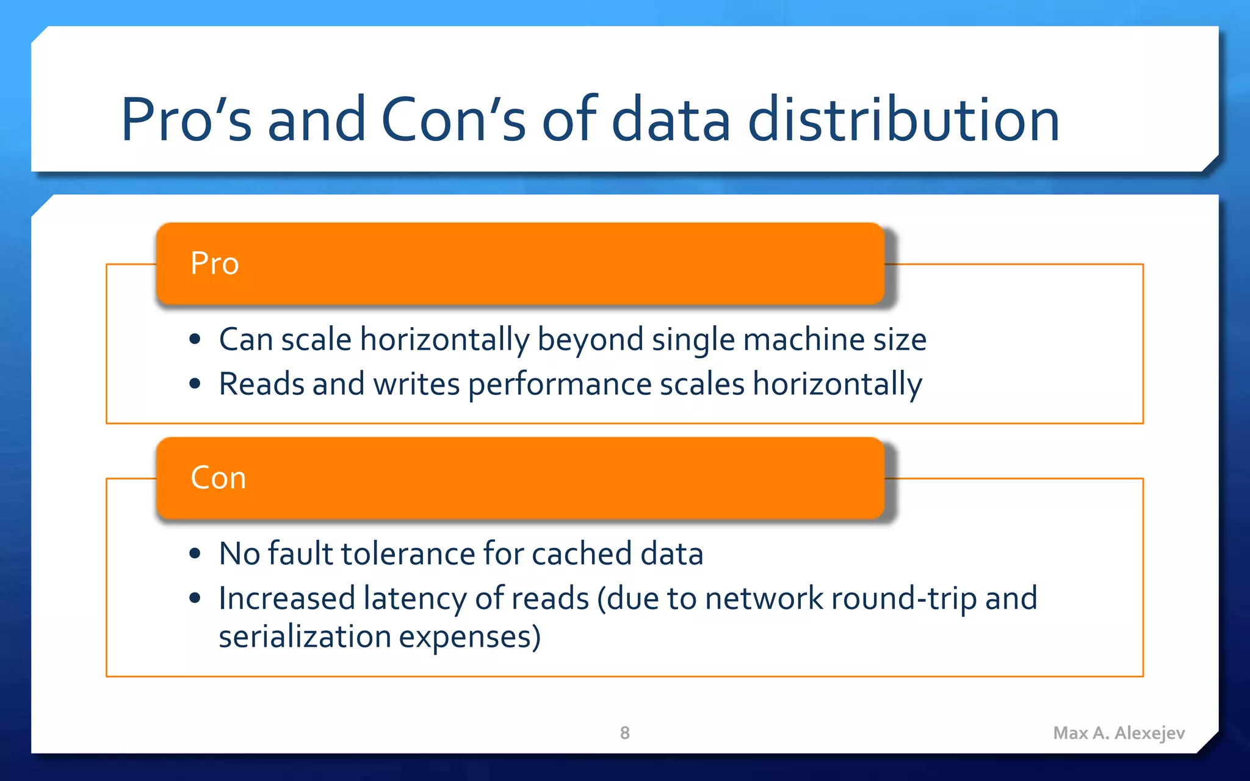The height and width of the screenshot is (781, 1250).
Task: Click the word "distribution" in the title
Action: (903, 120)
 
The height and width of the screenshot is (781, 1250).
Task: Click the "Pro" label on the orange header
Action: (214, 264)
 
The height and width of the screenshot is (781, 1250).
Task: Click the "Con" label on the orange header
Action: (218, 478)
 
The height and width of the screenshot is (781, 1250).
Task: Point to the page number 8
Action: (624, 733)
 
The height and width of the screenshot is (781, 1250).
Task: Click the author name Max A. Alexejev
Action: (1119, 733)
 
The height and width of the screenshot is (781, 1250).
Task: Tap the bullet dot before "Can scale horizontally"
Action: (195, 339)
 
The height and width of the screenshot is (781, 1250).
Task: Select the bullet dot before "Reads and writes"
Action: (195, 384)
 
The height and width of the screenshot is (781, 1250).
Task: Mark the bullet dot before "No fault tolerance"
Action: (195, 553)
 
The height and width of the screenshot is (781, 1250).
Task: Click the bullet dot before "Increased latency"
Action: (195, 598)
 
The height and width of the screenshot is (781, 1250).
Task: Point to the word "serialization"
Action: (305, 636)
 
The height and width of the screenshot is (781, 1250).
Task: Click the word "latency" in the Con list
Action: (414, 598)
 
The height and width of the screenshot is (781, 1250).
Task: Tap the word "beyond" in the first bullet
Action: (590, 340)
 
